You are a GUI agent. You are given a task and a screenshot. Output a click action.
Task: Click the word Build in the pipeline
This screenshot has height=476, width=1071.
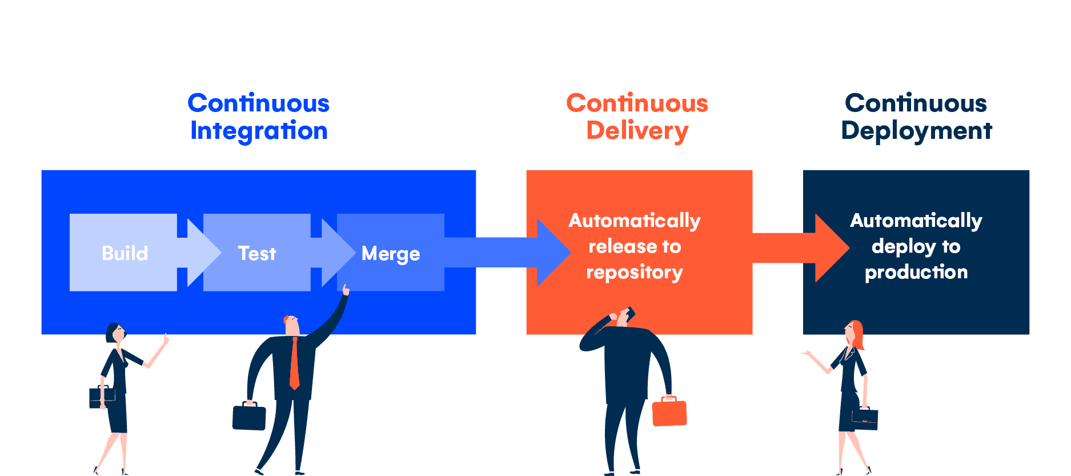125,253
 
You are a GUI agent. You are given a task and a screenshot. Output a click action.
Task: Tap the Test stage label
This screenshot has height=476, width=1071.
256,253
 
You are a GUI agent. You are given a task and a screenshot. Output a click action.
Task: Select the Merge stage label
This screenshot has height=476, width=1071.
391,254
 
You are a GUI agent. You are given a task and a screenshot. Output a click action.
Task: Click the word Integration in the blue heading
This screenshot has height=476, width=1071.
259,131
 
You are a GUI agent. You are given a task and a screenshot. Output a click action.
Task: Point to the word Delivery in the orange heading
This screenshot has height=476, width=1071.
637,131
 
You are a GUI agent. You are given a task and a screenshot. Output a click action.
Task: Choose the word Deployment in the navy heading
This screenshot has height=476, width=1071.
916,131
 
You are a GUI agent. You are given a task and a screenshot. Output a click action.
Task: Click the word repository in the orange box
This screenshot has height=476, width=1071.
634,272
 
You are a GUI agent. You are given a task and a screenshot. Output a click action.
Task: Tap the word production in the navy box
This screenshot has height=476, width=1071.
916,272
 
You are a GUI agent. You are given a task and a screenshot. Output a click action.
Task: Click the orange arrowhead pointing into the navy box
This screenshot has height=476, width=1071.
832,248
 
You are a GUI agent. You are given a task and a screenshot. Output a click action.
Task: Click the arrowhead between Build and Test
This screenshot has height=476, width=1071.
203,252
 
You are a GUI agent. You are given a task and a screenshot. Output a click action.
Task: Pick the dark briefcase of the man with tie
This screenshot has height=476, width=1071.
249,417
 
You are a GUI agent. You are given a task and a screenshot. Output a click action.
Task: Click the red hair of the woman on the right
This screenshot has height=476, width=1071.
857,334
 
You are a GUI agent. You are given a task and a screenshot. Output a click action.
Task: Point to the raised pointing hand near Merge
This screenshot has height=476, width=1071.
346,290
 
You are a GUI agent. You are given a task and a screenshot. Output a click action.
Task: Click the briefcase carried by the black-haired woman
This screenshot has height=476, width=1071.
101,397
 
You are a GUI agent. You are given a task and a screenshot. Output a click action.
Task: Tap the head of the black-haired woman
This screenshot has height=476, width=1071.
114,333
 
